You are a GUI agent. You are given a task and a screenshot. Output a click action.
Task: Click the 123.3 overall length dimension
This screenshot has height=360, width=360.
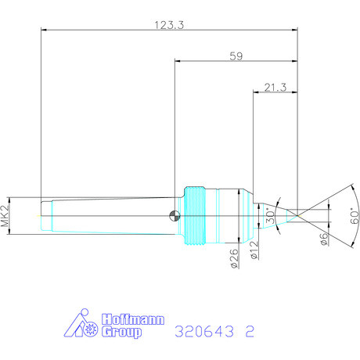[x=170, y=24]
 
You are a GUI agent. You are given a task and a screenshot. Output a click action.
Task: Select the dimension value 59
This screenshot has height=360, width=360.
[x=236, y=55]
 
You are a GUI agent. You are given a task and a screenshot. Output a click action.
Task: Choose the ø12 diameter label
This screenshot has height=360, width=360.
[x=253, y=251]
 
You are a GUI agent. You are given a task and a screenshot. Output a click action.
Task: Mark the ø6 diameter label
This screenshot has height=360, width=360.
[x=323, y=240]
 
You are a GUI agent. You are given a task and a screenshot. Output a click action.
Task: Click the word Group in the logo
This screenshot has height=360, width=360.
[x=123, y=333]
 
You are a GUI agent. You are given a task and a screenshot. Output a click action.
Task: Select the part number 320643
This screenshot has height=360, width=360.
[x=206, y=331]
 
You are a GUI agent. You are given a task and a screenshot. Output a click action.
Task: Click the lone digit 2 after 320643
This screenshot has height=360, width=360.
[x=249, y=331]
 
